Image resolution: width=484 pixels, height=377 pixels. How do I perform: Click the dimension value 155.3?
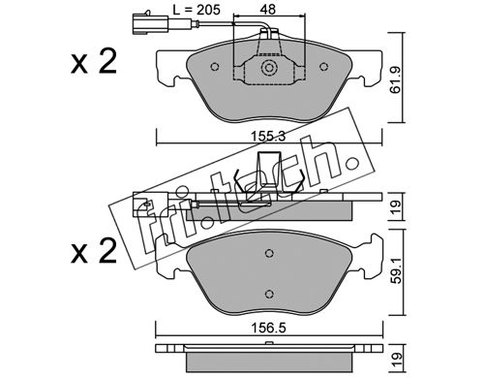pyautogui.click(x=268, y=137)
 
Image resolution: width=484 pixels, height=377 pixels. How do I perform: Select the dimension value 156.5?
pyautogui.click(x=268, y=329)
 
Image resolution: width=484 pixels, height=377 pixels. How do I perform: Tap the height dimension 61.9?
pyautogui.click(x=395, y=80)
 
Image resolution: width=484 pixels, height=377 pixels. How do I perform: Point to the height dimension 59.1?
pyautogui.click(x=396, y=270)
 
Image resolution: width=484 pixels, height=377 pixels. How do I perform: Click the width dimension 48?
pyautogui.click(x=268, y=10)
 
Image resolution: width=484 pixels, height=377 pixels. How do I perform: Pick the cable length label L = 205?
pyautogui.click(x=197, y=10)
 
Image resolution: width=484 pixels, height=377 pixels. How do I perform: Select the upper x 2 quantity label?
pyautogui.click(x=94, y=62)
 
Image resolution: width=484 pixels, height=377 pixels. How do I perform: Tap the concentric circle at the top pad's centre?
pyautogui.click(x=269, y=68)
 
